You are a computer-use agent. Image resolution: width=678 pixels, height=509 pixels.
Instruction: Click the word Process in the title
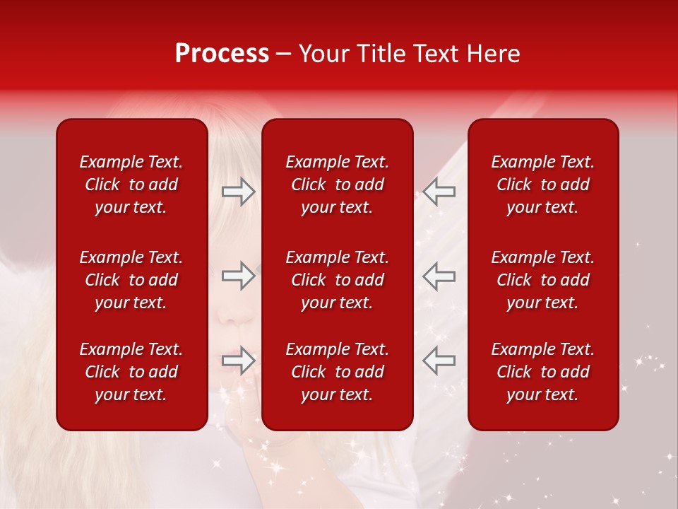[222, 54]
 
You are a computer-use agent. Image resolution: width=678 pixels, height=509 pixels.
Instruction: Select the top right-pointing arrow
[239, 192]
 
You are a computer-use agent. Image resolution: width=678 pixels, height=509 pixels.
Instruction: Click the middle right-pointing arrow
[239, 276]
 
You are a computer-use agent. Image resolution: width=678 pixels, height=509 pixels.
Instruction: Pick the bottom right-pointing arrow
[239, 361]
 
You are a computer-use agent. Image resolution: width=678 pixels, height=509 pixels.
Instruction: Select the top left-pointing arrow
[439, 192]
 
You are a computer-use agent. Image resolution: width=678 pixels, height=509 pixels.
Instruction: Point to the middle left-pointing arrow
[439, 276]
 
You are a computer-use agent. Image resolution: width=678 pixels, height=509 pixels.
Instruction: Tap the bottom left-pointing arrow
[439, 361]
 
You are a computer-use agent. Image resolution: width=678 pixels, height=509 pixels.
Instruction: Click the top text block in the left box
[131, 185]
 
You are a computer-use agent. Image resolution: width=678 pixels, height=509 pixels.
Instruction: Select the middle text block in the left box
[131, 280]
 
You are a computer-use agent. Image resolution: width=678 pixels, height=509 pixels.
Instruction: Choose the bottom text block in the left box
[131, 372]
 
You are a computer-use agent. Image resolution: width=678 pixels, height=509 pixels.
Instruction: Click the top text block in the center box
[337, 185]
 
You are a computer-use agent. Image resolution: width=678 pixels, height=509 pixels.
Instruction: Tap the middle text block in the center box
[337, 280]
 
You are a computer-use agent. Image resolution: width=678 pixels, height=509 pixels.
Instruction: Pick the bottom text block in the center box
[337, 372]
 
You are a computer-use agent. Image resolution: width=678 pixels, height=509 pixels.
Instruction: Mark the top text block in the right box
[542, 185]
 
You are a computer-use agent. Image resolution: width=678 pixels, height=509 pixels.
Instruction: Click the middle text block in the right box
[542, 280]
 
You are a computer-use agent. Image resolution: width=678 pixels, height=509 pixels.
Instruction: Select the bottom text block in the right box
[542, 372]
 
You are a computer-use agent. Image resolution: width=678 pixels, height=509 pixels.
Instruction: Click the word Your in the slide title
[322, 54]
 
